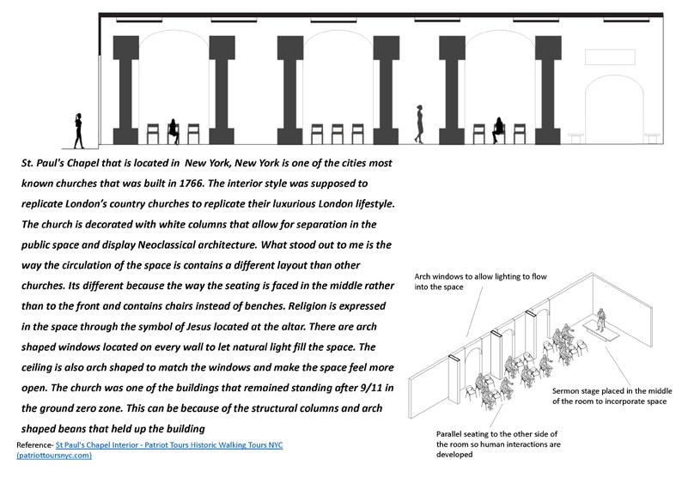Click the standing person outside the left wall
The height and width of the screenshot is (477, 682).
pos(79,130)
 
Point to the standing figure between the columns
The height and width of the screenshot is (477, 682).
pos(420,124)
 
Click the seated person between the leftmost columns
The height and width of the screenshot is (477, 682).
pos(174,130)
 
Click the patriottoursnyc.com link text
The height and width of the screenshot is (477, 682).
pos(54,456)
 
